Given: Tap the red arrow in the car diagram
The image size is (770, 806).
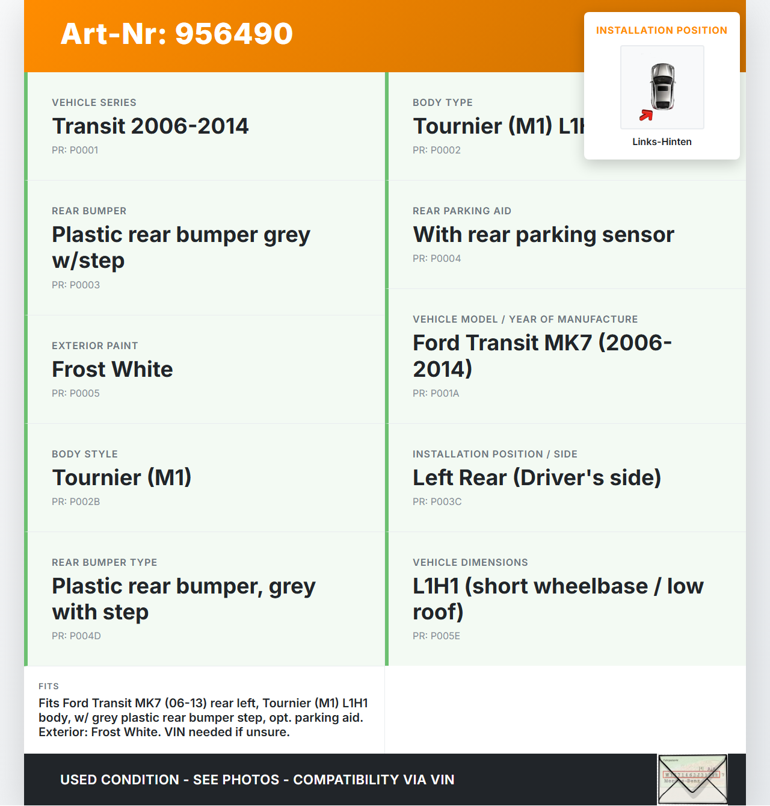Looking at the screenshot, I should [646, 115].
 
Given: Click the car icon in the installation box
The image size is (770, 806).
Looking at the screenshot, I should [662, 87].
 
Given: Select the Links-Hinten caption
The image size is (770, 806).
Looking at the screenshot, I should [662, 142].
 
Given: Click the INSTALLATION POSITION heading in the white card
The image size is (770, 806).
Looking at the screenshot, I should [661, 31].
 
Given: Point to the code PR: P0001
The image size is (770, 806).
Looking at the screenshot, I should [75, 150].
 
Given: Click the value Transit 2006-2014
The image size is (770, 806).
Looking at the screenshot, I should [150, 126].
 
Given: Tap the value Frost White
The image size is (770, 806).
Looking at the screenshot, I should [112, 370].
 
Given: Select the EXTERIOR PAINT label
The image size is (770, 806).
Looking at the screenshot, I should [94, 346].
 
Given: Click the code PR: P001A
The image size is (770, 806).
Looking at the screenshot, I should [436, 394].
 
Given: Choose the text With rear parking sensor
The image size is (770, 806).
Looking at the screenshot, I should [543, 235].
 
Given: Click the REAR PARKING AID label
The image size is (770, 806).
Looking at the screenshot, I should [461, 211].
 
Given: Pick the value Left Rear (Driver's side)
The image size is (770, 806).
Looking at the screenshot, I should [537, 478].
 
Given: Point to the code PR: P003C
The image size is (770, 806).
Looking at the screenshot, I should [437, 502].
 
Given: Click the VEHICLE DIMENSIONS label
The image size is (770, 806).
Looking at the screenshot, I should [470, 563].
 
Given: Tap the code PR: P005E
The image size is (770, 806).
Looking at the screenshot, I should [436, 636].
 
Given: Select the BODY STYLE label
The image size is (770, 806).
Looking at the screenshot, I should [84, 454].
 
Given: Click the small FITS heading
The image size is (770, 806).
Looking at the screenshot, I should [49, 687].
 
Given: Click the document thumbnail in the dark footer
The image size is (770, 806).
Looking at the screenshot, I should [692, 780].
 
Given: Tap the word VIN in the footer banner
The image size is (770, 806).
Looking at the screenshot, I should [442, 780].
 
